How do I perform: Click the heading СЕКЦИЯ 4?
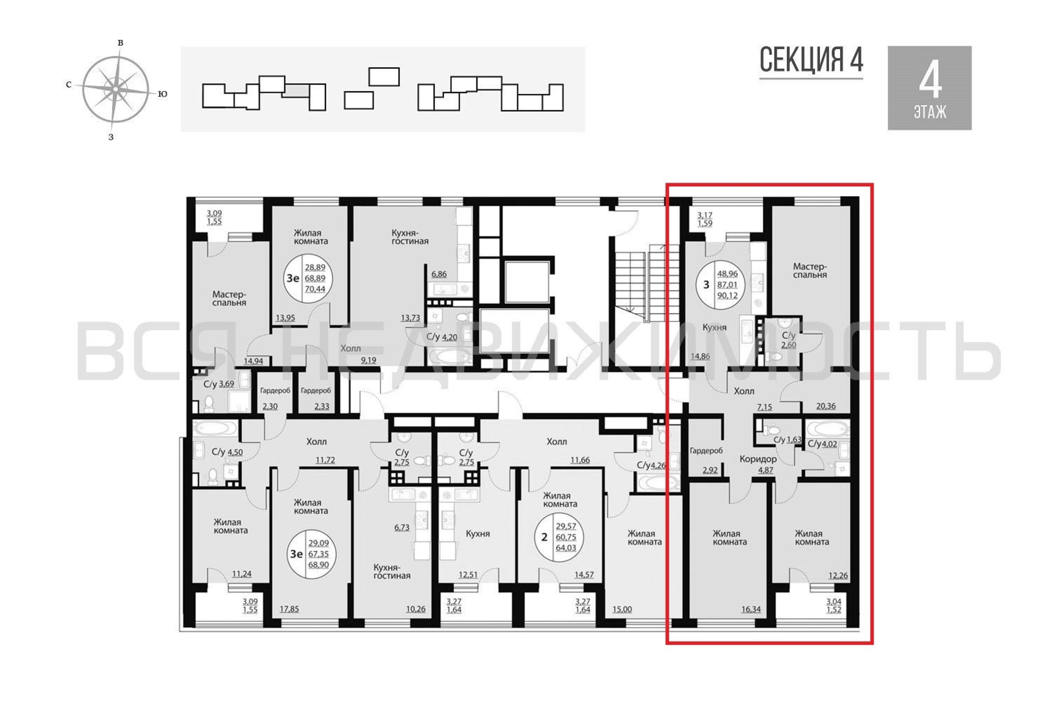[811, 60]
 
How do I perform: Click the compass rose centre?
[115, 89]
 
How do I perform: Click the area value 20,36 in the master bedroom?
[826, 406]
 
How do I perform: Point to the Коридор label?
[758, 459]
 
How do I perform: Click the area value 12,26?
[838, 576]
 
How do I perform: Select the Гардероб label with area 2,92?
[706, 451]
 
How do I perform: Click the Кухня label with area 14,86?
[714, 327]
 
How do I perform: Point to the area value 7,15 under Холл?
[764, 407]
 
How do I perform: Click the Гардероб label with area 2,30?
[275, 390]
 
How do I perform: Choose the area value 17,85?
[289, 609]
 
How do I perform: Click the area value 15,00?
[622, 609]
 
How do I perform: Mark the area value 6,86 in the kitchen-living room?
[439, 274]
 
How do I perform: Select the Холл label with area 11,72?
[316, 442]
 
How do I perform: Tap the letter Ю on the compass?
[163, 94]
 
